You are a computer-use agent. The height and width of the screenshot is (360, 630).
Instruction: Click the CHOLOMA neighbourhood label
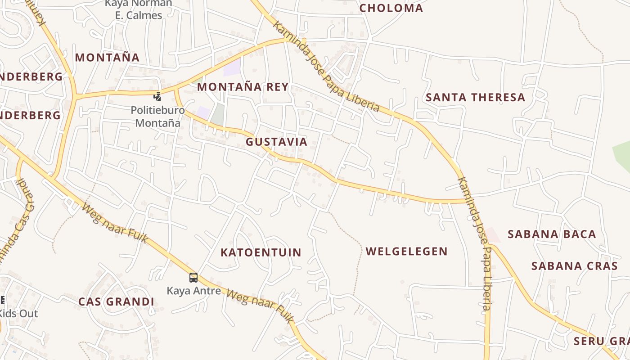coord(391,8)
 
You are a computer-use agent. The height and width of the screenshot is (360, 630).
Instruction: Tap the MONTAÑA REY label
coord(243,87)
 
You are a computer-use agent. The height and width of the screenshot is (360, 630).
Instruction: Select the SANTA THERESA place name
coord(475,97)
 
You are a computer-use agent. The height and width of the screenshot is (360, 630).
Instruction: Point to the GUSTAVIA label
coord(276,142)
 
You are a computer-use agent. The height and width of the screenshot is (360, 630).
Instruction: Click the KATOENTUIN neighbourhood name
coord(261,252)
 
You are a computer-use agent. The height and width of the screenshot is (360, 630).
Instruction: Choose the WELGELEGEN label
coord(406,252)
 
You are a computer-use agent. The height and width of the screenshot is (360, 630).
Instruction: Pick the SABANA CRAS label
coord(575,266)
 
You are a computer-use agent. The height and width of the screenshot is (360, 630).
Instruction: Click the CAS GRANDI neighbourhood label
coord(116,302)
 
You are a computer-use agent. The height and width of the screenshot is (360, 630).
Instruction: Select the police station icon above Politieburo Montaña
coord(157,96)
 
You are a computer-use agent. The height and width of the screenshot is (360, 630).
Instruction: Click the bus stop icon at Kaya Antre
coord(193,278)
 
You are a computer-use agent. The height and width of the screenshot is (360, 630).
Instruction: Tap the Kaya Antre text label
coord(194,291)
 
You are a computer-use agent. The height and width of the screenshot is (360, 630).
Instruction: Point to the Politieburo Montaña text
coord(157,117)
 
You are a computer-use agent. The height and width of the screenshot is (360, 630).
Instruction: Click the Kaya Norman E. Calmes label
coord(138,9)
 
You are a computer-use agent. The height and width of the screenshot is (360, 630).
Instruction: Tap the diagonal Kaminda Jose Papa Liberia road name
coord(326,67)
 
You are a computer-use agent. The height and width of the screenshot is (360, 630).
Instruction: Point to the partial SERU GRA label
coord(601,341)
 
